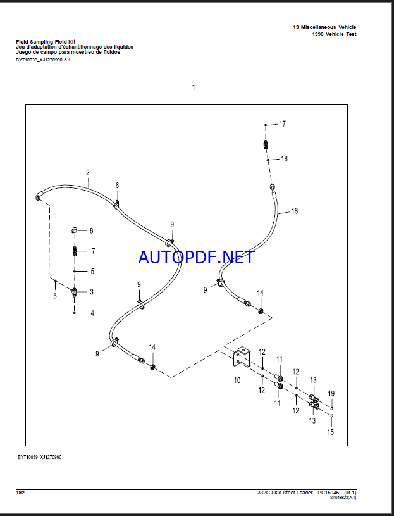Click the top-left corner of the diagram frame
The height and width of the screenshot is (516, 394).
click(x=26, y=105)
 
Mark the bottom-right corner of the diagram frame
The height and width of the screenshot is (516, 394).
click(x=347, y=446)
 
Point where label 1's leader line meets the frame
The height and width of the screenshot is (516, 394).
click(x=194, y=105)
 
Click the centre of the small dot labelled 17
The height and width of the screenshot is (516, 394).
click(x=266, y=125)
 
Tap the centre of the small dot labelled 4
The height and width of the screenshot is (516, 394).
click(x=75, y=313)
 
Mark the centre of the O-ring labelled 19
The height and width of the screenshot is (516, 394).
click(x=332, y=406)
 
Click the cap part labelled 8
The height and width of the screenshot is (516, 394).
click(x=74, y=230)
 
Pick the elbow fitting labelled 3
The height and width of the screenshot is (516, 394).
click(x=75, y=292)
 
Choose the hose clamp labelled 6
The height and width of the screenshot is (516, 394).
click(x=116, y=205)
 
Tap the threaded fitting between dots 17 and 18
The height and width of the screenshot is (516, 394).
click(x=266, y=144)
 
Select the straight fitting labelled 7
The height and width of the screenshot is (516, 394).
click(x=75, y=252)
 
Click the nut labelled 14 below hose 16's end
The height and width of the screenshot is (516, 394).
click(x=261, y=310)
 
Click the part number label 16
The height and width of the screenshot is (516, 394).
click(x=295, y=211)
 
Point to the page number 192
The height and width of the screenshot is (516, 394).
click(x=20, y=493)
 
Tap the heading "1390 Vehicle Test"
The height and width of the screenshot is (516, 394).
click(x=334, y=34)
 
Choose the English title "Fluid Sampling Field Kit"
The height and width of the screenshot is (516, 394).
click(x=46, y=42)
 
